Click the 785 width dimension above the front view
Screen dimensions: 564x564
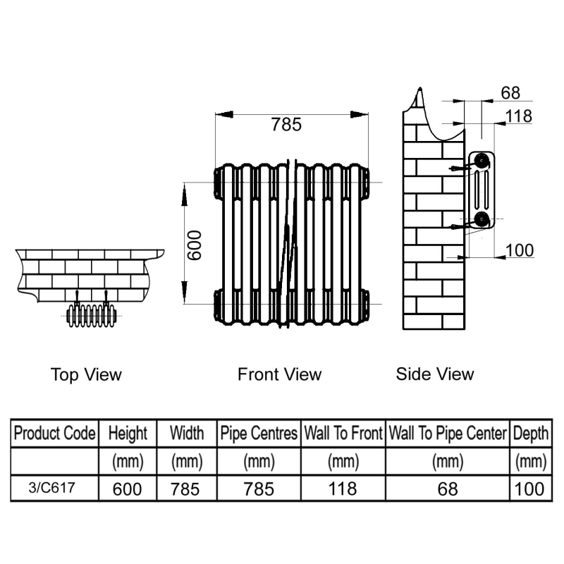pyautogui.click(x=286, y=125)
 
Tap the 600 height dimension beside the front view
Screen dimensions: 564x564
pyautogui.click(x=195, y=244)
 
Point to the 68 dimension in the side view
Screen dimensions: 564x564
pyautogui.click(x=510, y=93)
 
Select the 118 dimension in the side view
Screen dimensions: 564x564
pyautogui.click(x=519, y=116)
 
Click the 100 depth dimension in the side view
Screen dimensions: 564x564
pyautogui.click(x=520, y=250)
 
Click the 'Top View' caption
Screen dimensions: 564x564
pyautogui.click(x=86, y=374)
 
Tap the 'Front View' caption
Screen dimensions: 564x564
pyautogui.click(x=279, y=374)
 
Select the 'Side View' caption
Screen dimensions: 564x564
pyautogui.click(x=435, y=374)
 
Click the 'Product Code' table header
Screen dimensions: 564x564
pyautogui.click(x=54, y=433)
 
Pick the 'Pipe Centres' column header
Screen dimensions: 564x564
pyautogui.click(x=259, y=433)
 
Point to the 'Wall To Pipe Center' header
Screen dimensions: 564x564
pyautogui.click(x=447, y=433)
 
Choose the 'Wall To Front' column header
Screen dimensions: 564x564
pyautogui.click(x=343, y=433)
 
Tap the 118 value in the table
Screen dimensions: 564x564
pyautogui.click(x=343, y=489)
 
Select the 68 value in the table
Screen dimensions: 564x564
pyautogui.click(x=447, y=489)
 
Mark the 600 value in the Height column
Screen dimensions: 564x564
pyautogui.click(x=128, y=489)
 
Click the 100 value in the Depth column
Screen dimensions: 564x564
pyautogui.click(x=529, y=489)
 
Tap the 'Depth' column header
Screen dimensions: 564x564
pyautogui.click(x=529, y=433)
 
